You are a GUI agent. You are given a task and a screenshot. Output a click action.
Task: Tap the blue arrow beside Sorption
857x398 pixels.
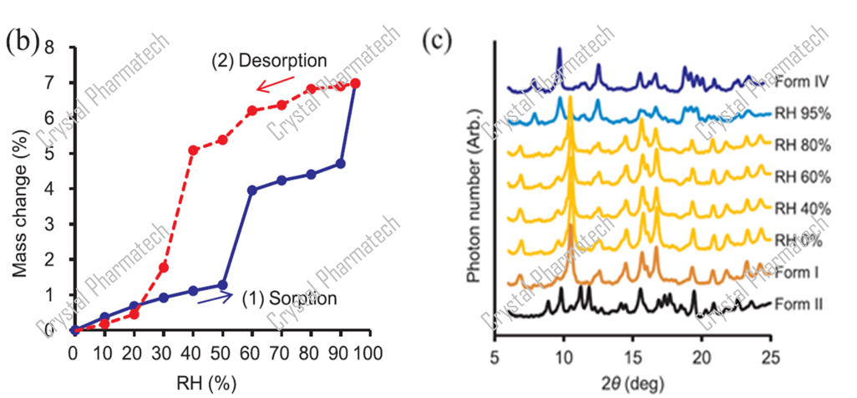click(216, 298)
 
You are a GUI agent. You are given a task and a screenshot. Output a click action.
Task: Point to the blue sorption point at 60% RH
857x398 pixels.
click(252, 190)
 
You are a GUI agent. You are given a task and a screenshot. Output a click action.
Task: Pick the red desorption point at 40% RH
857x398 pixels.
click(193, 151)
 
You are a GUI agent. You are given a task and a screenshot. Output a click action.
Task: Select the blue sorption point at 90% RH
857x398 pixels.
click(340, 164)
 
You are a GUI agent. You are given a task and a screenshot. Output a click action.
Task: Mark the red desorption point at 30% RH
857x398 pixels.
click(164, 268)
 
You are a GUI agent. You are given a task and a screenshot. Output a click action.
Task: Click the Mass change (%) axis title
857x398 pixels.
click(28, 189)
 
